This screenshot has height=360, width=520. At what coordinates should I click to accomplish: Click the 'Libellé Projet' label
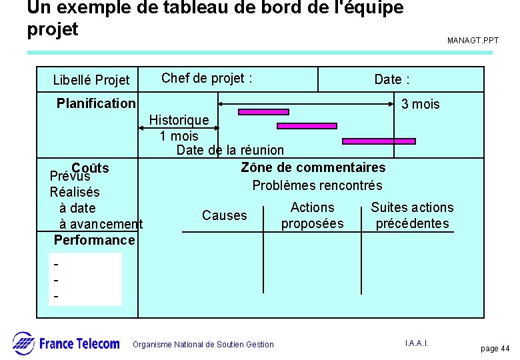pyautogui.click(x=91, y=81)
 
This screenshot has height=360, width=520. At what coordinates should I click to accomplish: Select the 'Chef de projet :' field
pyautogui.click(x=207, y=78)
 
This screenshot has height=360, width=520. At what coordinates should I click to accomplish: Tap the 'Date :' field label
pyautogui.click(x=391, y=80)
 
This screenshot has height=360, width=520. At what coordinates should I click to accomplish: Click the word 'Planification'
pyautogui.click(x=96, y=103)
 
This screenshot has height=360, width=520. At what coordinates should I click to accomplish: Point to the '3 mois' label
pyautogui.click(x=420, y=105)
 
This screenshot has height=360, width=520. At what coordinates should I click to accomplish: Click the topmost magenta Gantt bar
pyautogui.click(x=263, y=111)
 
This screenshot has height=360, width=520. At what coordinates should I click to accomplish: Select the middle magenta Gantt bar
pyautogui.click(x=307, y=125)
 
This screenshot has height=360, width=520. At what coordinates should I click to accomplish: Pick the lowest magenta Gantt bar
pyautogui.click(x=379, y=141)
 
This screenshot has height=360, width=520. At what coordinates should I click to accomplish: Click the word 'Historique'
pyautogui.click(x=179, y=121)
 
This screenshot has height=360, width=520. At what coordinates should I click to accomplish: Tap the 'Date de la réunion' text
pyautogui.click(x=230, y=151)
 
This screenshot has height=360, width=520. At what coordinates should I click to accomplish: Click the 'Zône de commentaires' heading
pyautogui.click(x=313, y=167)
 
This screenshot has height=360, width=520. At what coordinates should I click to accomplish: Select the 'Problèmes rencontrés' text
pyautogui.click(x=317, y=185)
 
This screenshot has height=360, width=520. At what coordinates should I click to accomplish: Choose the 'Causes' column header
pyautogui.click(x=224, y=215)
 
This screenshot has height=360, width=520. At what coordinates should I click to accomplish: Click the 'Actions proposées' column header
pyautogui.click(x=312, y=215)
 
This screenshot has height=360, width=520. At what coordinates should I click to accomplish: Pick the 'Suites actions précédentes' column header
pyautogui.click(x=412, y=215)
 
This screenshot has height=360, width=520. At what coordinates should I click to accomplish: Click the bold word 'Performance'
pyautogui.click(x=94, y=240)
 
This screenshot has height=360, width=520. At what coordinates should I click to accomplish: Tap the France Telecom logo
pyautogui.click(x=66, y=343)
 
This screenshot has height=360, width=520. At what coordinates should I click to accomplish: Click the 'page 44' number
pyautogui.click(x=495, y=349)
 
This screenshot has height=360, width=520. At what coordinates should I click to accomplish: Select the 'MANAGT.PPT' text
pyautogui.click(x=473, y=41)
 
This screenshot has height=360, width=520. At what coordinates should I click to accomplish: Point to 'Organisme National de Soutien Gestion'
pyautogui.click(x=203, y=345)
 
